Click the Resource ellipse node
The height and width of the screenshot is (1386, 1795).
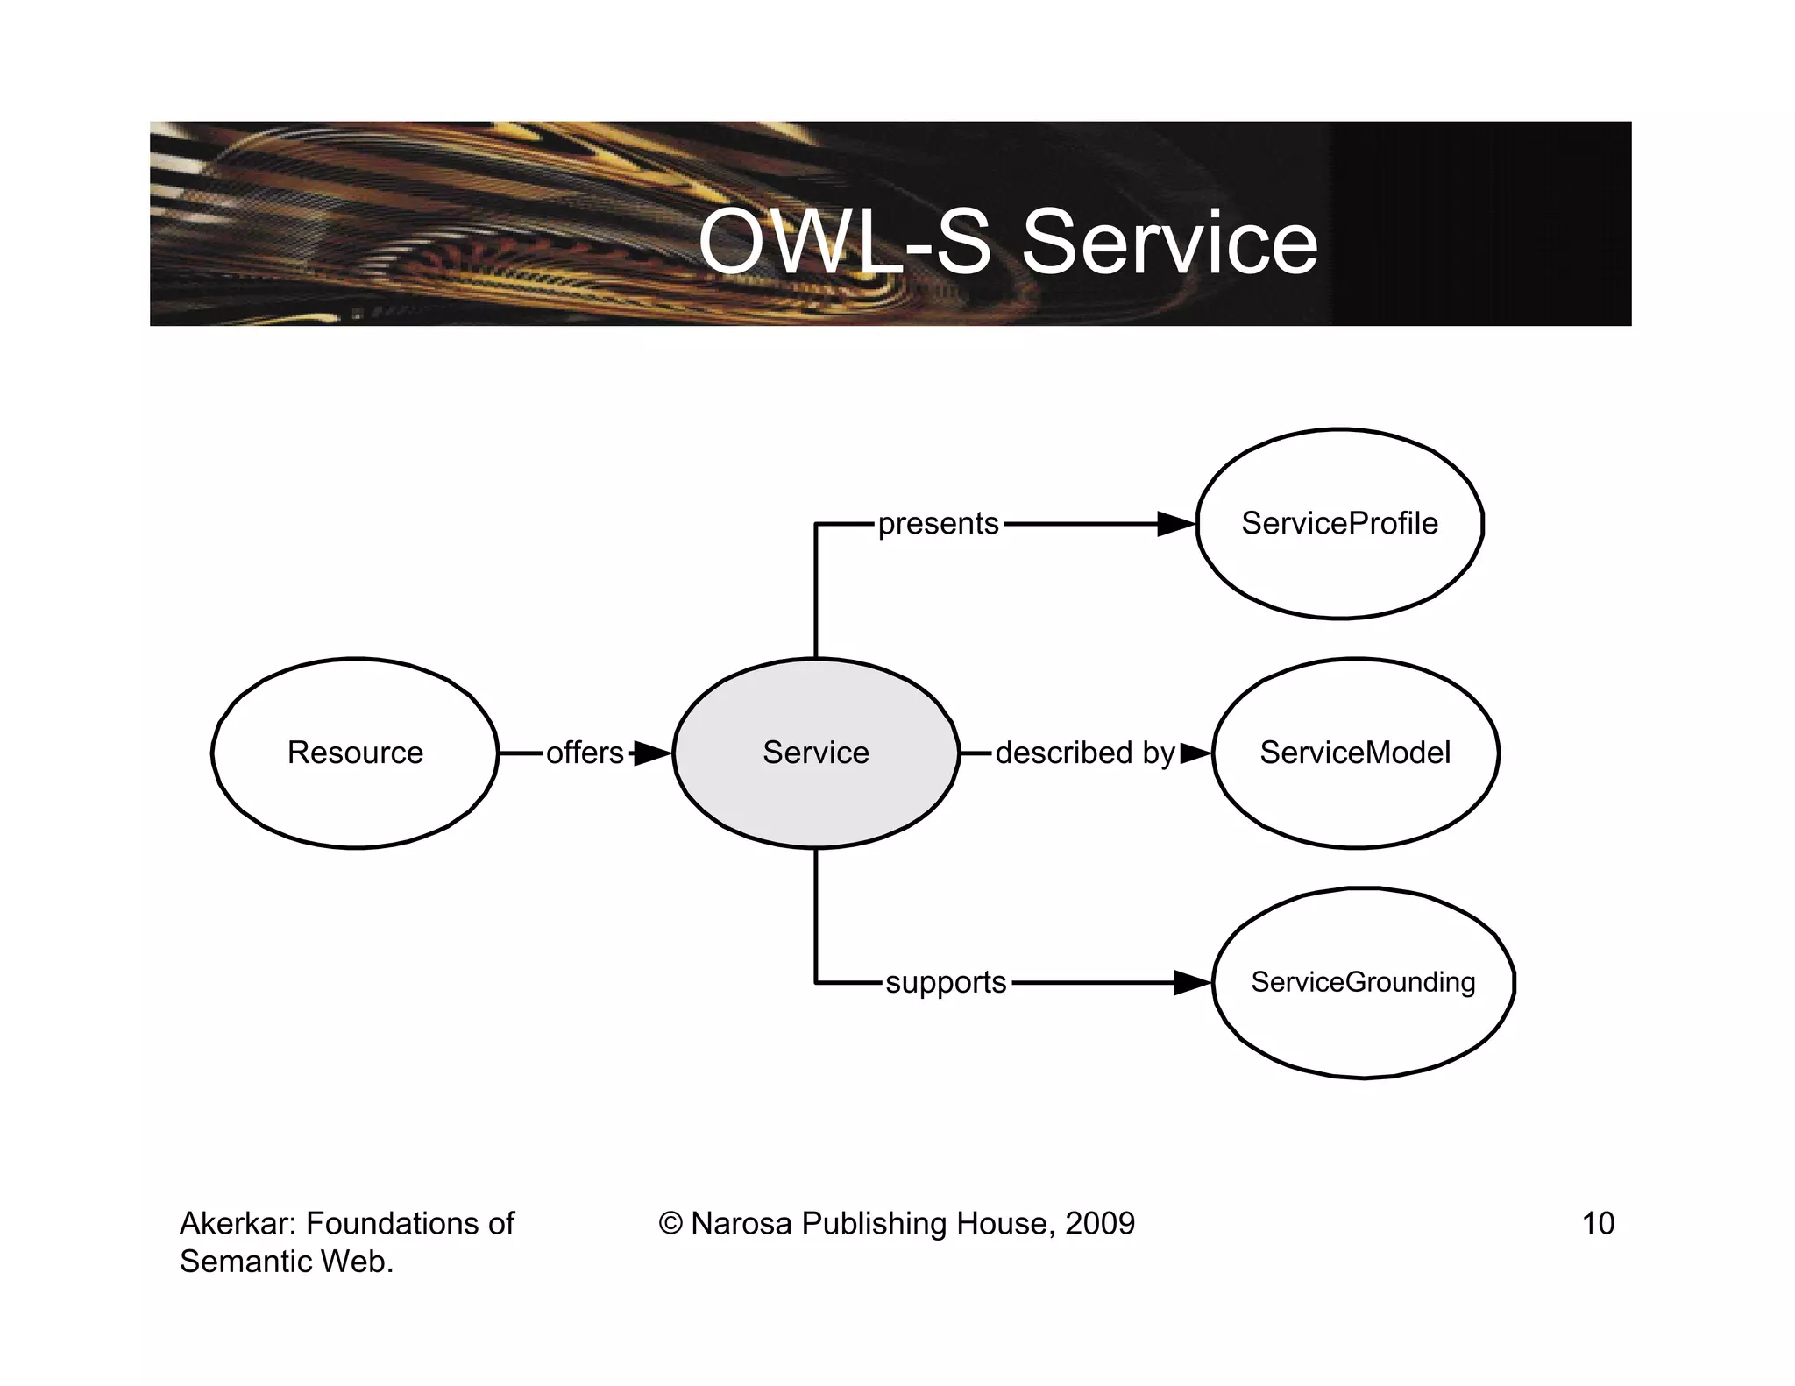point(355,753)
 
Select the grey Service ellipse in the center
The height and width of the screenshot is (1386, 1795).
point(815,753)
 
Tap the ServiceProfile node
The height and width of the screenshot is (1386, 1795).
point(1339,524)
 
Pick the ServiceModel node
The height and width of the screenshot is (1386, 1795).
point(1355,753)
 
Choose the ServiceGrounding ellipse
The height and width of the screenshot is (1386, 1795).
point(1363,982)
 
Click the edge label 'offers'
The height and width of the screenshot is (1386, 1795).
point(585,753)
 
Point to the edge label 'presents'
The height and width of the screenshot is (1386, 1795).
point(938,524)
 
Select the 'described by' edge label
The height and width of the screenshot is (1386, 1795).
point(1084,753)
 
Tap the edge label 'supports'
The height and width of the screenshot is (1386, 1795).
point(946,983)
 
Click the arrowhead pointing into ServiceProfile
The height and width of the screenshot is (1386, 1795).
point(1176,524)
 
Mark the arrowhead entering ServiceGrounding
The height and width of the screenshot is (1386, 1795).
point(1192,983)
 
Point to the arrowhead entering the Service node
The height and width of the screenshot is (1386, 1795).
point(651,753)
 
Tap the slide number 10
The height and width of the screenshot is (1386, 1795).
point(1597,1223)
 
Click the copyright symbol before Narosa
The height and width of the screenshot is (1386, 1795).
point(670,1223)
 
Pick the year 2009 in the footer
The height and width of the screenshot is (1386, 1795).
point(1099,1223)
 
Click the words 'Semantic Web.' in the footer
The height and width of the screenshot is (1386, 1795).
point(287,1262)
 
